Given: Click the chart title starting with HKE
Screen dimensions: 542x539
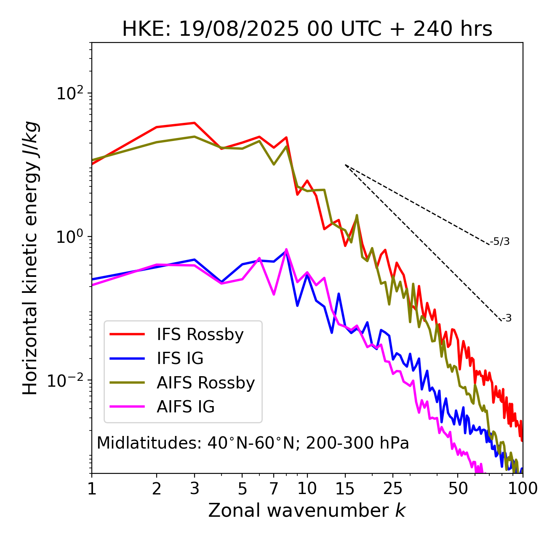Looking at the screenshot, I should [307, 29].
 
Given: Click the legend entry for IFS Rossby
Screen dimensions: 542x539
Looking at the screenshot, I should [200, 335].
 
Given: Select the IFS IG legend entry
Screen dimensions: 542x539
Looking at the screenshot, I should [180, 359].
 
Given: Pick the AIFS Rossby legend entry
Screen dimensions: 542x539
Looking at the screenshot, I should [205, 383].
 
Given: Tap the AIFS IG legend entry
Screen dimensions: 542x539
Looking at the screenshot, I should [186, 407].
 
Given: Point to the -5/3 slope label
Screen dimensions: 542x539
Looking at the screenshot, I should [500, 242].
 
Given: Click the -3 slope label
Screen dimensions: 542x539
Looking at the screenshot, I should [507, 319].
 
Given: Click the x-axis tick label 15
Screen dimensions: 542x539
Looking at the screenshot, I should [345, 489].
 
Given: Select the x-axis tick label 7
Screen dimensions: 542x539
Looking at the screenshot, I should [274, 489].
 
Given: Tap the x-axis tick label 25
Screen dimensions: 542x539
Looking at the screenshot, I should [393, 489].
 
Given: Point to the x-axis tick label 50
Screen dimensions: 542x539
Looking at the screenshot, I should [458, 489].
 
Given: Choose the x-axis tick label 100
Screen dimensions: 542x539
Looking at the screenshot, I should [523, 489].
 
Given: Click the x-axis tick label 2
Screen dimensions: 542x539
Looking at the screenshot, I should [157, 489].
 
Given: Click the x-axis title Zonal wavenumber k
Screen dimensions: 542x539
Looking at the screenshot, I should [307, 510].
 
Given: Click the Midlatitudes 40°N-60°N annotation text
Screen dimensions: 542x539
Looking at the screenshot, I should [253, 443].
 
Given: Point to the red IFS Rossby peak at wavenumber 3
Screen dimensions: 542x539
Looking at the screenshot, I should [194, 123].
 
